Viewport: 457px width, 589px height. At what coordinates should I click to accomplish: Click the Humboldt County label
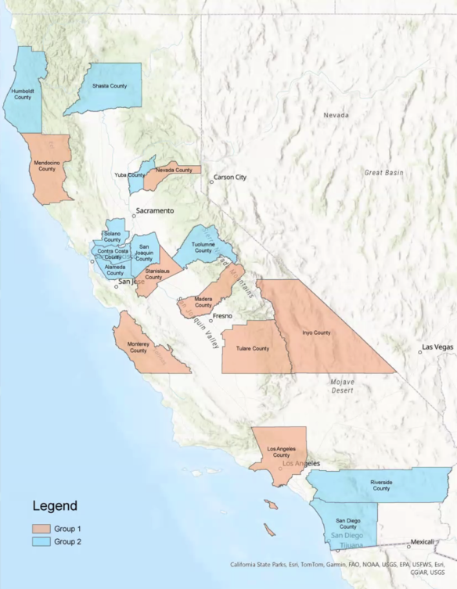(x=22, y=94)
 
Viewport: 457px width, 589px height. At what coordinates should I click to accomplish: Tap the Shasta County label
(x=109, y=85)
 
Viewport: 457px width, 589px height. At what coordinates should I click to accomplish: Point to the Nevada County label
(x=173, y=170)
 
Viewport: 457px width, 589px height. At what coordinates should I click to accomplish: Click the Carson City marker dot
(x=211, y=182)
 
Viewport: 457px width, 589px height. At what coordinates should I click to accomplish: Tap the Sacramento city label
(x=154, y=211)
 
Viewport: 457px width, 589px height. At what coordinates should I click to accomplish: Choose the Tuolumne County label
(x=203, y=247)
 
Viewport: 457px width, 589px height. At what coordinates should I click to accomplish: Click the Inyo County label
(x=316, y=332)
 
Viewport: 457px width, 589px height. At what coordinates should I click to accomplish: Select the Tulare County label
(x=254, y=348)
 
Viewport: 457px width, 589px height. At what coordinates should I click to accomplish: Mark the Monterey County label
(x=138, y=347)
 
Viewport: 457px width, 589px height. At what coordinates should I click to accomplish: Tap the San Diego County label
(x=348, y=523)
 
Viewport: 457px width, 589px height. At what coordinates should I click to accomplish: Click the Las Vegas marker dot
(x=420, y=351)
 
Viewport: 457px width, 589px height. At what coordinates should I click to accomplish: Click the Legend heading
(x=54, y=506)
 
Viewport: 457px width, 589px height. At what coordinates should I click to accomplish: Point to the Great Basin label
(x=383, y=172)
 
